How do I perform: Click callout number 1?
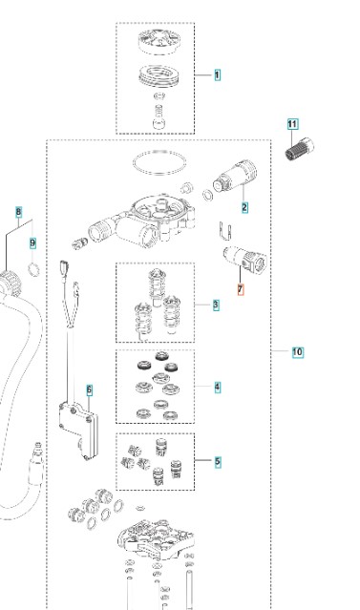pyautogui.click(x=217, y=75)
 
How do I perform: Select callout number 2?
pyautogui.click(x=244, y=207)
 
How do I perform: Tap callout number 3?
pyautogui.click(x=216, y=305)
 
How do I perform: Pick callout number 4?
pyautogui.click(x=217, y=387)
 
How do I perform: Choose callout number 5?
pyautogui.click(x=217, y=462)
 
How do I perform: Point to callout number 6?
pyautogui.click(x=90, y=389)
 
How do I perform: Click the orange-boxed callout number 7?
pyautogui.click(x=241, y=290)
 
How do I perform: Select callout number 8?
pyautogui.click(x=19, y=213)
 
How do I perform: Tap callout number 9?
pyautogui.click(x=32, y=243)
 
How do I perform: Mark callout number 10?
pyautogui.click(x=297, y=352)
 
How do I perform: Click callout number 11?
pyautogui.click(x=292, y=124)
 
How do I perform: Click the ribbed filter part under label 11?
pyautogui.click(x=299, y=149)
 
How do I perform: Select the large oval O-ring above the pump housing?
pyautogui.click(x=159, y=162)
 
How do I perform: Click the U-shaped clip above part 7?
pyautogui.click(x=224, y=231)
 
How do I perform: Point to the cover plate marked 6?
pyautogui.click(x=79, y=430)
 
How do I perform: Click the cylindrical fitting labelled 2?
pyautogui.click(x=235, y=177)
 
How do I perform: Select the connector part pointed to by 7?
pyautogui.click(x=244, y=259)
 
